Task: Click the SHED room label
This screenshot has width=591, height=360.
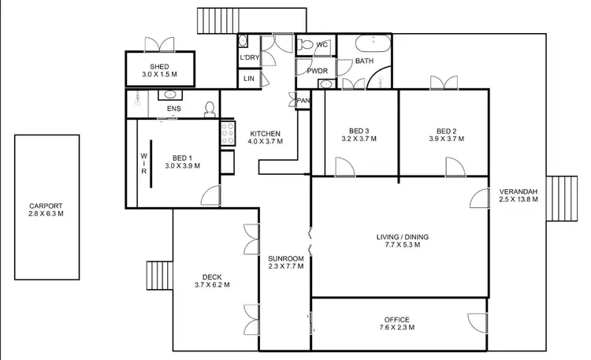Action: (x=159, y=65)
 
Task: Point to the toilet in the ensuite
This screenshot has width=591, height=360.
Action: (x=210, y=108)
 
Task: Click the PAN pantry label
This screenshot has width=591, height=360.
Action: (x=303, y=100)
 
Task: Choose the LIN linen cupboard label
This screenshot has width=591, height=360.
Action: (x=248, y=79)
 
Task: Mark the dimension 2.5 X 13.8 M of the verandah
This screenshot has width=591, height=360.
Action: (x=518, y=200)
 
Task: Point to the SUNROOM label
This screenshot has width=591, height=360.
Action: (x=285, y=258)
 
